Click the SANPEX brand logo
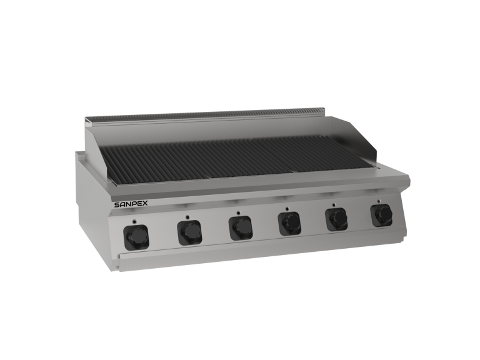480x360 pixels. (131, 204)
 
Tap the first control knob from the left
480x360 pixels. (136, 236)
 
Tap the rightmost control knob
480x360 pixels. (381, 214)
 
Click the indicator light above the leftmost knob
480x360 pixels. (134, 221)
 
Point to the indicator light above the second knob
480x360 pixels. (187, 217)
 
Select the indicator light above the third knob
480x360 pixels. (238, 212)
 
